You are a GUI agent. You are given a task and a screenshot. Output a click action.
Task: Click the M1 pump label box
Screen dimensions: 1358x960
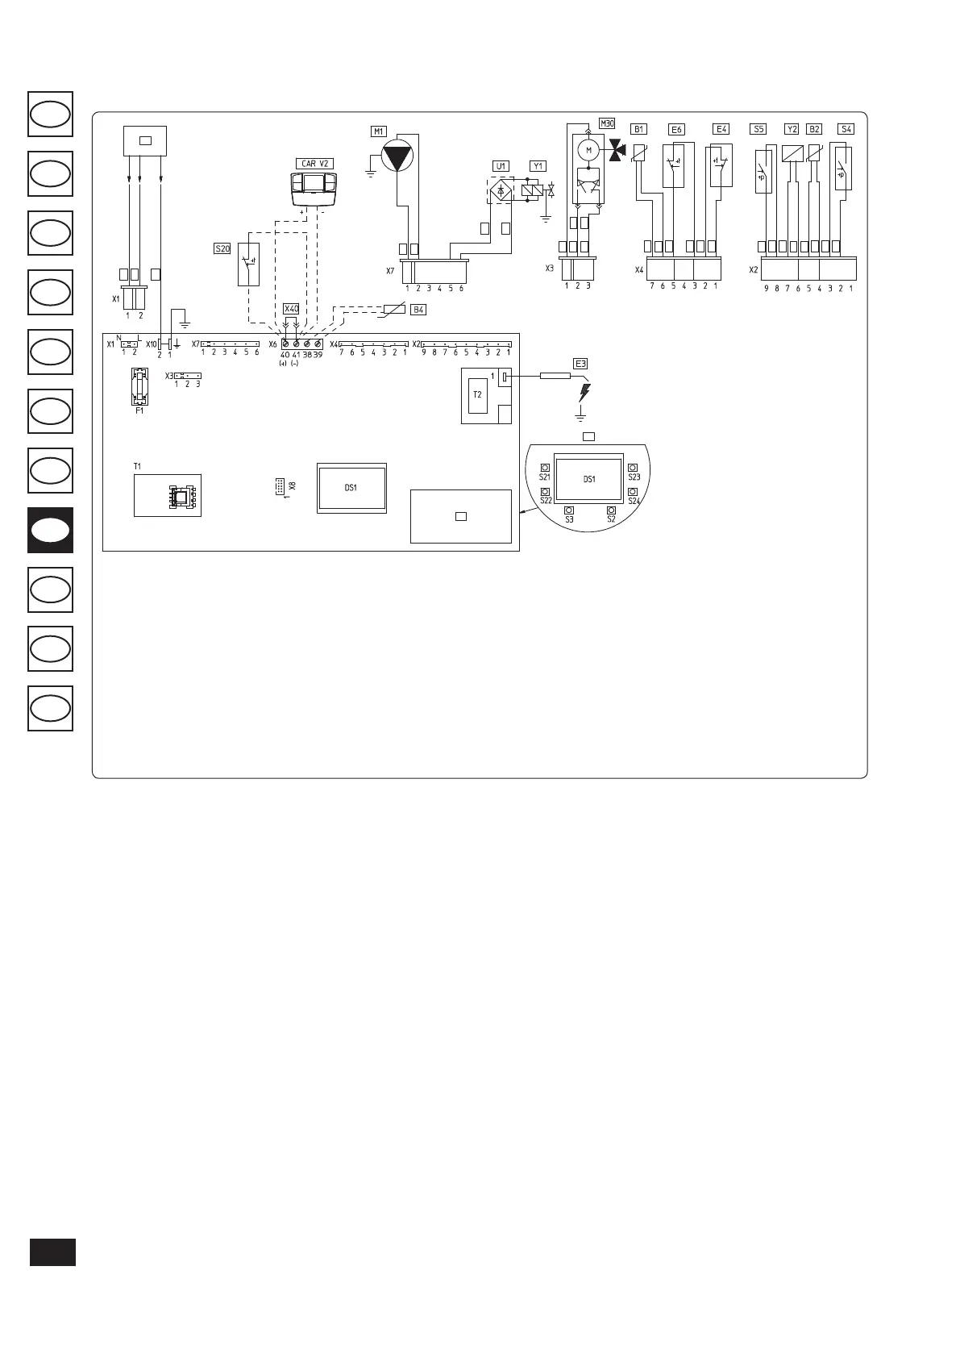[x=378, y=131]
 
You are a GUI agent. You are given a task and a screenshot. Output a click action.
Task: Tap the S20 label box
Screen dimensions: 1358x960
[x=222, y=248]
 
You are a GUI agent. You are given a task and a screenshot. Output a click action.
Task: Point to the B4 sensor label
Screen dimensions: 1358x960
[x=418, y=310]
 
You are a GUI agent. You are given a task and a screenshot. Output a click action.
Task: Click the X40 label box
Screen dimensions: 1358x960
[x=291, y=309]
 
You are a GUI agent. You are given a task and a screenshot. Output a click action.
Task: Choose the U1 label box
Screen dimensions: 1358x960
[x=501, y=166]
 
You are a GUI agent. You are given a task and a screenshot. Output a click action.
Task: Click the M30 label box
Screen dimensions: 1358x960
[x=607, y=123]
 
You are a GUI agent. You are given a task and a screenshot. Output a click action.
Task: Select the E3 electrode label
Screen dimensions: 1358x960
[x=580, y=363]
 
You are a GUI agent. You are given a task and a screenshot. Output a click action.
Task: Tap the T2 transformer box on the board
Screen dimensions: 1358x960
[x=477, y=394]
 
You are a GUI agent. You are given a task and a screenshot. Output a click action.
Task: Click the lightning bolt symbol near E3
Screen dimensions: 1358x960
[x=584, y=393]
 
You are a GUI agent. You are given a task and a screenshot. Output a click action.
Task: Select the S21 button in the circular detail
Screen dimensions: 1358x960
[x=545, y=468]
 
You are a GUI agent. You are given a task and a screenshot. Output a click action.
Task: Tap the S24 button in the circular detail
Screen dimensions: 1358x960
[x=634, y=491]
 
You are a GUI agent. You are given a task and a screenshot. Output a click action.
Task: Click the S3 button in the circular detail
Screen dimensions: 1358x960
[x=569, y=510]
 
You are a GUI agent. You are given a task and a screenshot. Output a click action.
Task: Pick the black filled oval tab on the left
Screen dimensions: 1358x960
[x=50, y=530]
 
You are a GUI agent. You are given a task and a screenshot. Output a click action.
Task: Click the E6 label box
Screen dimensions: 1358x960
[x=676, y=129]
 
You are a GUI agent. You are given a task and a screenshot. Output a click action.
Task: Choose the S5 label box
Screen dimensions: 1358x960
[x=758, y=128]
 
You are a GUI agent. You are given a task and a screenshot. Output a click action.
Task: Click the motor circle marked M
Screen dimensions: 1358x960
[x=588, y=149]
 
